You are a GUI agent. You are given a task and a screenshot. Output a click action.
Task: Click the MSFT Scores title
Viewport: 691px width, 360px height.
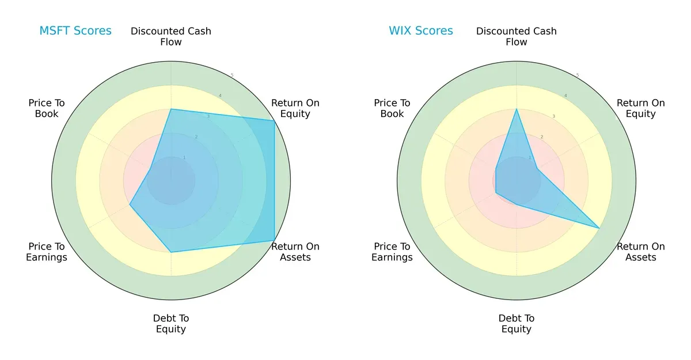point(75,31)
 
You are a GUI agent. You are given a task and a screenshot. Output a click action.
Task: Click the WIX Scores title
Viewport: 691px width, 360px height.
point(421,31)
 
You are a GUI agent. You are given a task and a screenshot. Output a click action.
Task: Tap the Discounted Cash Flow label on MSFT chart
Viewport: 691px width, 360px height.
point(171,36)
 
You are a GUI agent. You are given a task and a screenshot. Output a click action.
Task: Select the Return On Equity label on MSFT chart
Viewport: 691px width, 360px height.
point(295,108)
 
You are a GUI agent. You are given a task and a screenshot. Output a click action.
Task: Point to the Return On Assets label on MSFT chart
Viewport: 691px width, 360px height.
point(295,252)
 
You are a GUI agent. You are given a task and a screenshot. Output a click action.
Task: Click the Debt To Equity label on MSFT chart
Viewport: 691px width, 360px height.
point(171,324)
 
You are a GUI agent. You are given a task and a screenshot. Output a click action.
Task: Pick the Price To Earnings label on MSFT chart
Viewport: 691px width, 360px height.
point(47,252)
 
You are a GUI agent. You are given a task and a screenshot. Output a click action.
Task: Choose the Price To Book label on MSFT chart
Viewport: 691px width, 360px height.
point(47,108)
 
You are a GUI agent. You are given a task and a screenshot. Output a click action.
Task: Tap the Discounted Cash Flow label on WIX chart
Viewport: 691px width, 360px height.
point(517,36)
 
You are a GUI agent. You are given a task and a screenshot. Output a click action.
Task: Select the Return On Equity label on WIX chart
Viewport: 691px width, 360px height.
point(641,108)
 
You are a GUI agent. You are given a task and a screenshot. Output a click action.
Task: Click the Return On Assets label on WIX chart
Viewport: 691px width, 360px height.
point(641,252)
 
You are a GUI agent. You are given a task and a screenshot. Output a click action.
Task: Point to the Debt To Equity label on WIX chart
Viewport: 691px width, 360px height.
point(517,324)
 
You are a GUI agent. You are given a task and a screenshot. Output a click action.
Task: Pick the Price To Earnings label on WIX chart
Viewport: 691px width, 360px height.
point(392,252)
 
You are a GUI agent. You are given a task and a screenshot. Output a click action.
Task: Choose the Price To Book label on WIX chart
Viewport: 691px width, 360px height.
point(392,108)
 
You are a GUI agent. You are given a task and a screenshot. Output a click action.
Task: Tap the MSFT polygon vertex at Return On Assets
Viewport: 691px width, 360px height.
point(274,240)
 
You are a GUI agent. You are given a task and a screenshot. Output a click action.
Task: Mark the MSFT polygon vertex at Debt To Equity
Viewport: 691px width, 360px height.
point(171,252)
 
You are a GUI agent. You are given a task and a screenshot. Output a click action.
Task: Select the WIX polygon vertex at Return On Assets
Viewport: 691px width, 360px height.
point(599,228)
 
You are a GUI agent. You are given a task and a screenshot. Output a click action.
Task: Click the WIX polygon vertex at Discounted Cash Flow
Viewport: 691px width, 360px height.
point(517,109)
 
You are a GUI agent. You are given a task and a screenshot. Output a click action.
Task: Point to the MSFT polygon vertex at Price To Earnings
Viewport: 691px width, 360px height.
point(130,204)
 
